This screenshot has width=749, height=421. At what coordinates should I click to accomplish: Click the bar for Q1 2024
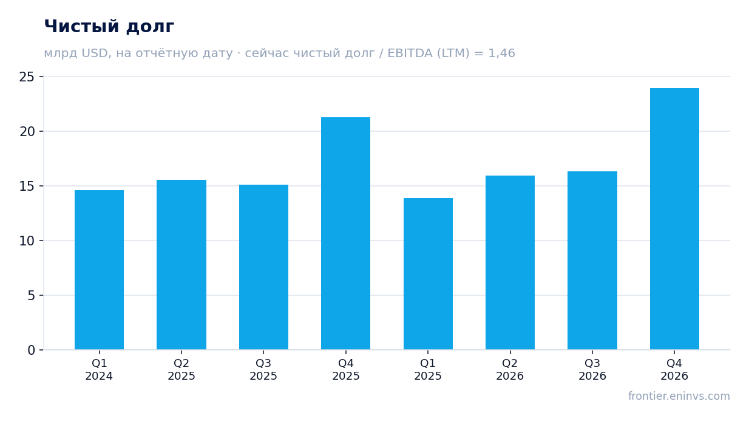click(99, 270)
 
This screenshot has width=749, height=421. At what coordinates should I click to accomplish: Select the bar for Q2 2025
click(181, 265)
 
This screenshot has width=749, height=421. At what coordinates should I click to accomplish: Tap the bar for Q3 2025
click(263, 267)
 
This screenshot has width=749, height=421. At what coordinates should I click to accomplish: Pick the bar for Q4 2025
click(345, 233)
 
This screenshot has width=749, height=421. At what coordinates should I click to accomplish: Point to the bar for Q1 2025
click(428, 274)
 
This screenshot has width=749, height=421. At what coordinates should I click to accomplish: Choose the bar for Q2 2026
click(510, 262)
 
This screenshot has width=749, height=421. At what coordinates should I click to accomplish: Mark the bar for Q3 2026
click(592, 261)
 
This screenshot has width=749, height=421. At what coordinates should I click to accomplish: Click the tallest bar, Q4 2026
click(674, 219)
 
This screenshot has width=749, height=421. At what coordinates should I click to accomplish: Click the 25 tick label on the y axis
click(27, 77)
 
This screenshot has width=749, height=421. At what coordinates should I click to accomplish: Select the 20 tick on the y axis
click(27, 131)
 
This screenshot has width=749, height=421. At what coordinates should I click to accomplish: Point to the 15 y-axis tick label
click(27, 186)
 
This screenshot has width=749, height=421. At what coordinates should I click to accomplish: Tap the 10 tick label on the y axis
click(27, 241)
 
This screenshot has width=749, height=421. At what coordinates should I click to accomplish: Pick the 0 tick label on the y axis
click(31, 350)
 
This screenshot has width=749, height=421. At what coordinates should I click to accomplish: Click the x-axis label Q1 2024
click(99, 369)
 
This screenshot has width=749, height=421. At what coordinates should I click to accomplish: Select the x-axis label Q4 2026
click(674, 369)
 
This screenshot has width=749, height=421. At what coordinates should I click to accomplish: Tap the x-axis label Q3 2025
click(263, 369)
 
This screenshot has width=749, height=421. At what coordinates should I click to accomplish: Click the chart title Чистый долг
click(109, 27)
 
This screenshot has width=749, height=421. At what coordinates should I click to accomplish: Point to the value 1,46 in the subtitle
click(501, 53)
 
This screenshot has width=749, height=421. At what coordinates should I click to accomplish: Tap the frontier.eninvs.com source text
click(679, 396)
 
